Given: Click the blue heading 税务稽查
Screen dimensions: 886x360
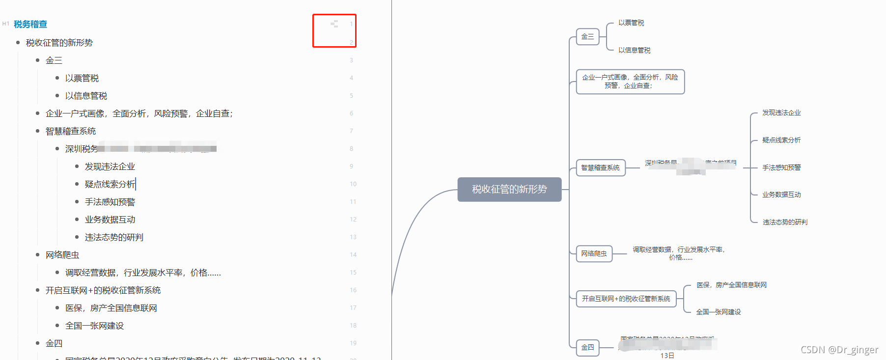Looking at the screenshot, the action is [30, 24].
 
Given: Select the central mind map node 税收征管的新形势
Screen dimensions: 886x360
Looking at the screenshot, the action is [509, 190].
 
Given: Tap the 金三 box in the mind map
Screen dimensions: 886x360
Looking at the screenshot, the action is [587, 36].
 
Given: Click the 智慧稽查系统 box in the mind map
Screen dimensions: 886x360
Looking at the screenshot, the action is [600, 168].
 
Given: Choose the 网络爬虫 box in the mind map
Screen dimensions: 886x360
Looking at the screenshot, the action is [594, 254].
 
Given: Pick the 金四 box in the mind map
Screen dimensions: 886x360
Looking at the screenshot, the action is [587, 348].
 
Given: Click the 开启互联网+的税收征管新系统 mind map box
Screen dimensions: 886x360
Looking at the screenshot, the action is [626, 299].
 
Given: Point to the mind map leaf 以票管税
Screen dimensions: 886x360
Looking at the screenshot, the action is [631, 23].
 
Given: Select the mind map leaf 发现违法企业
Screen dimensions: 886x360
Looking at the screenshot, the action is [781, 113].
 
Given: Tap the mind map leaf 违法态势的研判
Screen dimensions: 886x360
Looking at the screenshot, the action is [784, 222].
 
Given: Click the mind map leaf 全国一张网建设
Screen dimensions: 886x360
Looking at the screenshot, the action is [718, 312].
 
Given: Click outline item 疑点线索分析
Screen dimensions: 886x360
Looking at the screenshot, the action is [110, 184].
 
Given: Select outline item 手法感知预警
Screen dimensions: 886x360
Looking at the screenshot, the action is [110, 202].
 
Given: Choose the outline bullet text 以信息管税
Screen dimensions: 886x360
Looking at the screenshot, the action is [86, 96].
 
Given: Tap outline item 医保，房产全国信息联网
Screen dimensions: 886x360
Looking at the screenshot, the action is [111, 308].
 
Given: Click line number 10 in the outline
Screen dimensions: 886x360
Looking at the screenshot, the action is [353, 184].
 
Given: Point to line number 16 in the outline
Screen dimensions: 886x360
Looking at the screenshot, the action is [353, 290].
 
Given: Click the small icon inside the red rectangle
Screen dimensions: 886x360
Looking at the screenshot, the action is [334, 24].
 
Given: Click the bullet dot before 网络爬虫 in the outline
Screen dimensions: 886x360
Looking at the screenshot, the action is [38, 255].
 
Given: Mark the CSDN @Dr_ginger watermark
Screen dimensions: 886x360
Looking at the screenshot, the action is [839, 350].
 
